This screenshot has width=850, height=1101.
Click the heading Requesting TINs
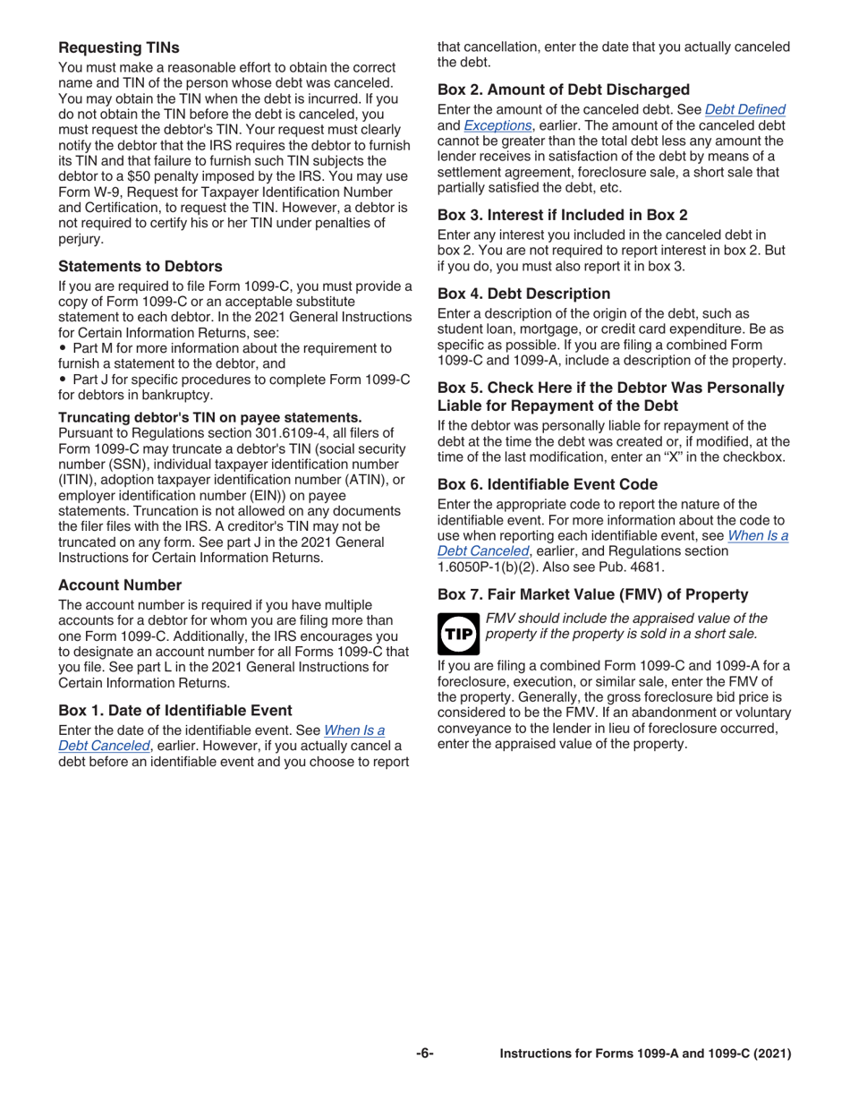click(118, 47)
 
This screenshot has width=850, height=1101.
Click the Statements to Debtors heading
click(140, 266)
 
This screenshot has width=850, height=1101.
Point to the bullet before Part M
click(63, 347)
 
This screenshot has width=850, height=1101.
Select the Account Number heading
click(120, 585)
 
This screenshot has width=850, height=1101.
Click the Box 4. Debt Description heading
click(523, 293)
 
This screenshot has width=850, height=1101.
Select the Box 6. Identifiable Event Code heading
click(558, 484)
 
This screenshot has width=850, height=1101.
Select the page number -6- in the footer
click(424, 1054)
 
